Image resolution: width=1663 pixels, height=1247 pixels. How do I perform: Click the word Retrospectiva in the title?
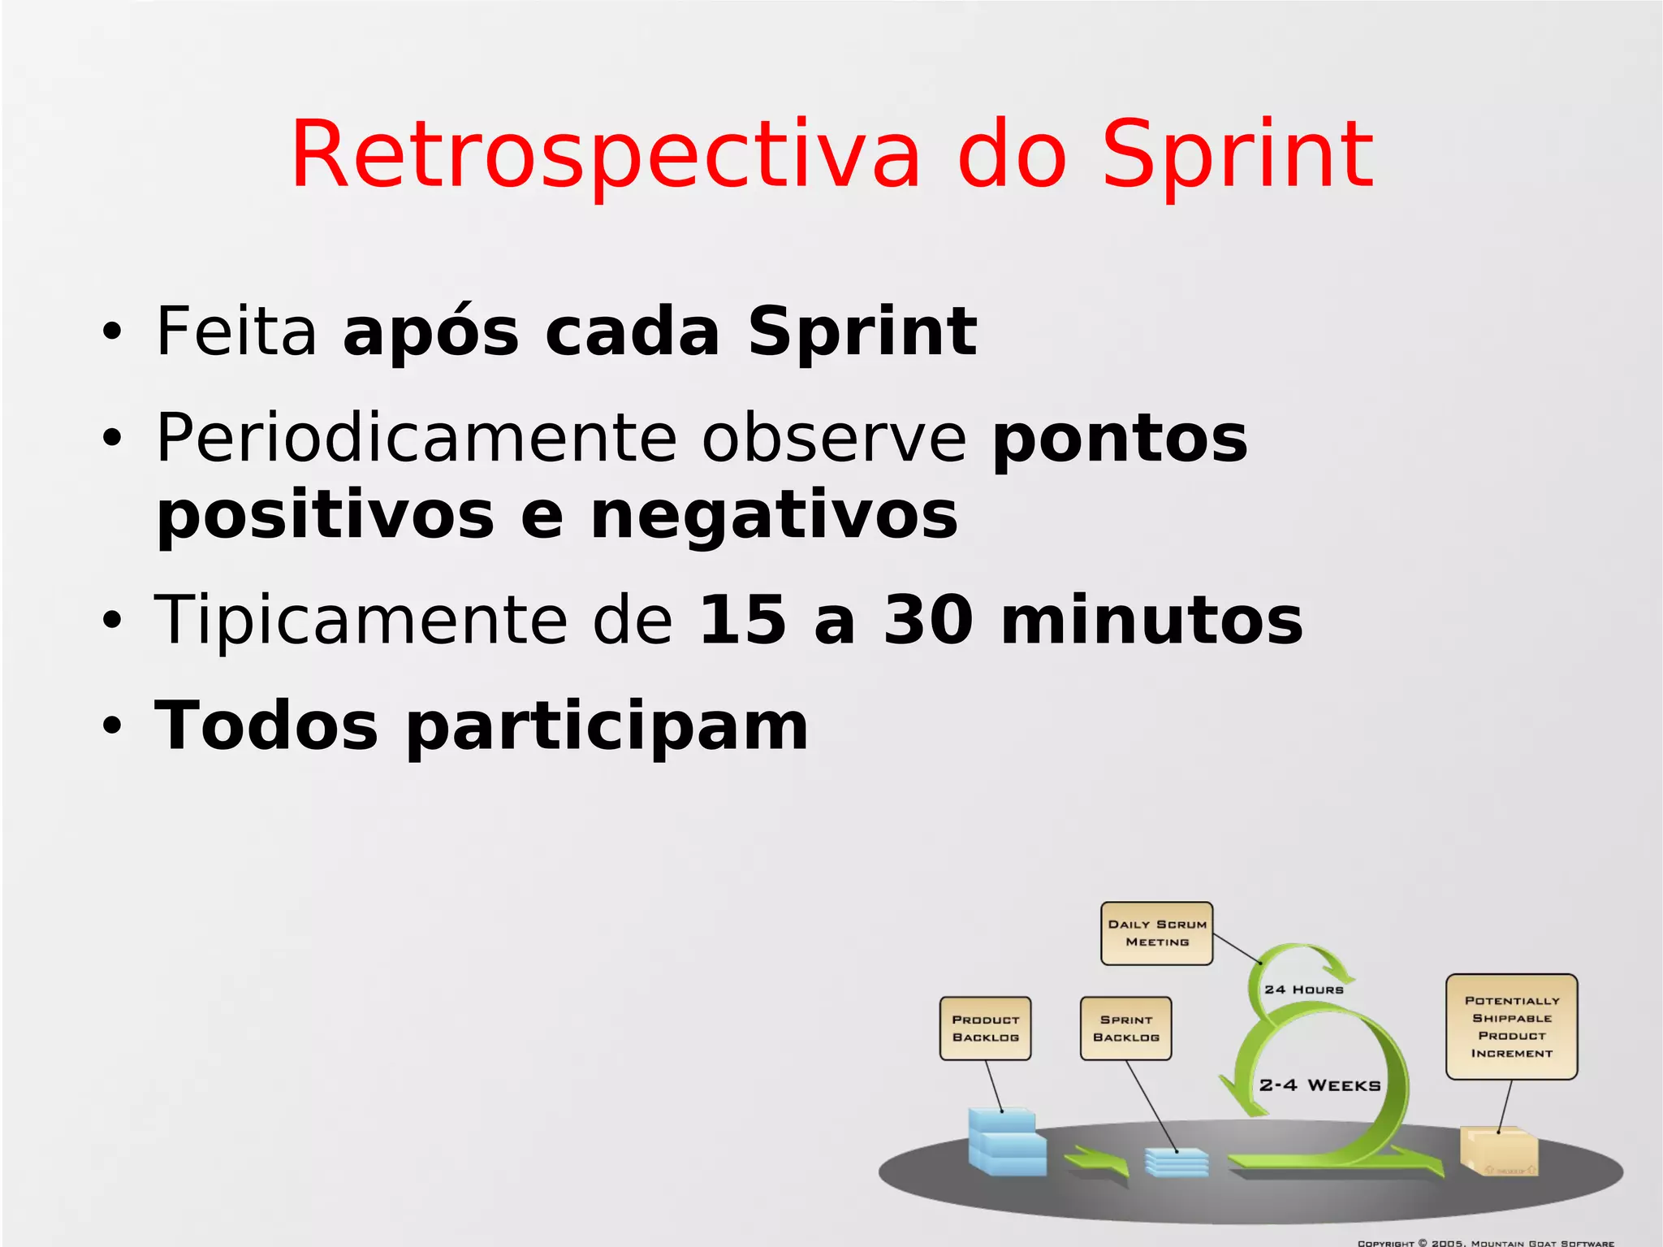(x=605, y=154)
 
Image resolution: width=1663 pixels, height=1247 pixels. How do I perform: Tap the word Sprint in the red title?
(x=1237, y=154)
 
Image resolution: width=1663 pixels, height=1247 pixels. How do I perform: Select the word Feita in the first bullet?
(x=235, y=331)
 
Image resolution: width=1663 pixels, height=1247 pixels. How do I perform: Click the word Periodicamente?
(x=415, y=438)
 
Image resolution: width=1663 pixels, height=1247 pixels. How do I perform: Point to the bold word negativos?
(x=774, y=516)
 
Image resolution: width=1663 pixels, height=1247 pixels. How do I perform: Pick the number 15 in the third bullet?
(x=742, y=620)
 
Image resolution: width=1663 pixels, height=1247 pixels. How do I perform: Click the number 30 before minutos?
(x=928, y=620)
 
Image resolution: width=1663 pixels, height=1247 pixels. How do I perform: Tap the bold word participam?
(x=607, y=725)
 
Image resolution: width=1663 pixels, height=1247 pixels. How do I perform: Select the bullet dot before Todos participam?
(x=111, y=725)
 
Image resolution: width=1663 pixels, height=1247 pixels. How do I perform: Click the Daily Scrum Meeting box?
(x=1156, y=933)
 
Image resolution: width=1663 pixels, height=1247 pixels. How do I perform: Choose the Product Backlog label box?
(x=985, y=1028)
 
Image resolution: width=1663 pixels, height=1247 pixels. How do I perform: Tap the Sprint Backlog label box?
(x=1125, y=1028)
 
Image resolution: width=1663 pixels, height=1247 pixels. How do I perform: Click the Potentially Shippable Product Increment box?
(x=1511, y=1027)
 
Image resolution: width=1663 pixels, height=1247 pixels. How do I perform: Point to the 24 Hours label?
(x=1303, y=989)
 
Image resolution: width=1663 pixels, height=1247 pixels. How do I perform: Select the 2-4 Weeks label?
(x=1320, y=1085)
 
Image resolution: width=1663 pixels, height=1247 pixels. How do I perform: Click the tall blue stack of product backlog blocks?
(x=1005, y=1141)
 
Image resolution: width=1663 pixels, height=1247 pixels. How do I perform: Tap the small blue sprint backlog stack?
(x=1177, y=1163)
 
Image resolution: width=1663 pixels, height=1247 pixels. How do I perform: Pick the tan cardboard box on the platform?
(x=1499, y=1150)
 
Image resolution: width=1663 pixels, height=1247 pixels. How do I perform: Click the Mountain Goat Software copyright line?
(x=1486, y=1242)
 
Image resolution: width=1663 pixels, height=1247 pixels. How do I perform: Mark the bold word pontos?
(x=1120, y=438)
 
